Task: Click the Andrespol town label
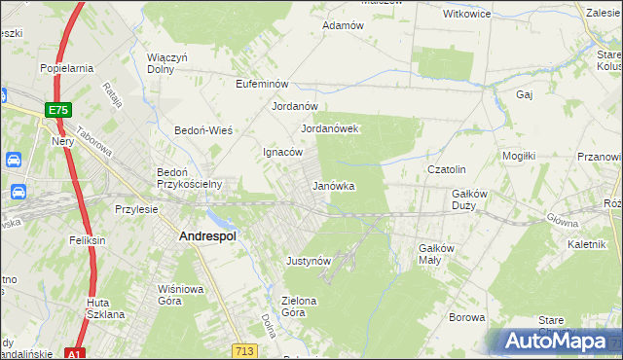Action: coord(208,235)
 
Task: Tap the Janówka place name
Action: coord(333,186)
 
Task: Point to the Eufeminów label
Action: coord(264,85)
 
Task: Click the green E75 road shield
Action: coord(58,111)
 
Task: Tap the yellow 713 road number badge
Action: coord(244,349)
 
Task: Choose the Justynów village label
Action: coord(310,261)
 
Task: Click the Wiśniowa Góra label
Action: coord(181,295)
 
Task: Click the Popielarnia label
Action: coord(65,68)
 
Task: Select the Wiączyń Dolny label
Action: coord(167,63)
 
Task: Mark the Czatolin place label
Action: coord(449,169)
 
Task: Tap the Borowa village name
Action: coord(467,317)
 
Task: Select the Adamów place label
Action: coord(343,25)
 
